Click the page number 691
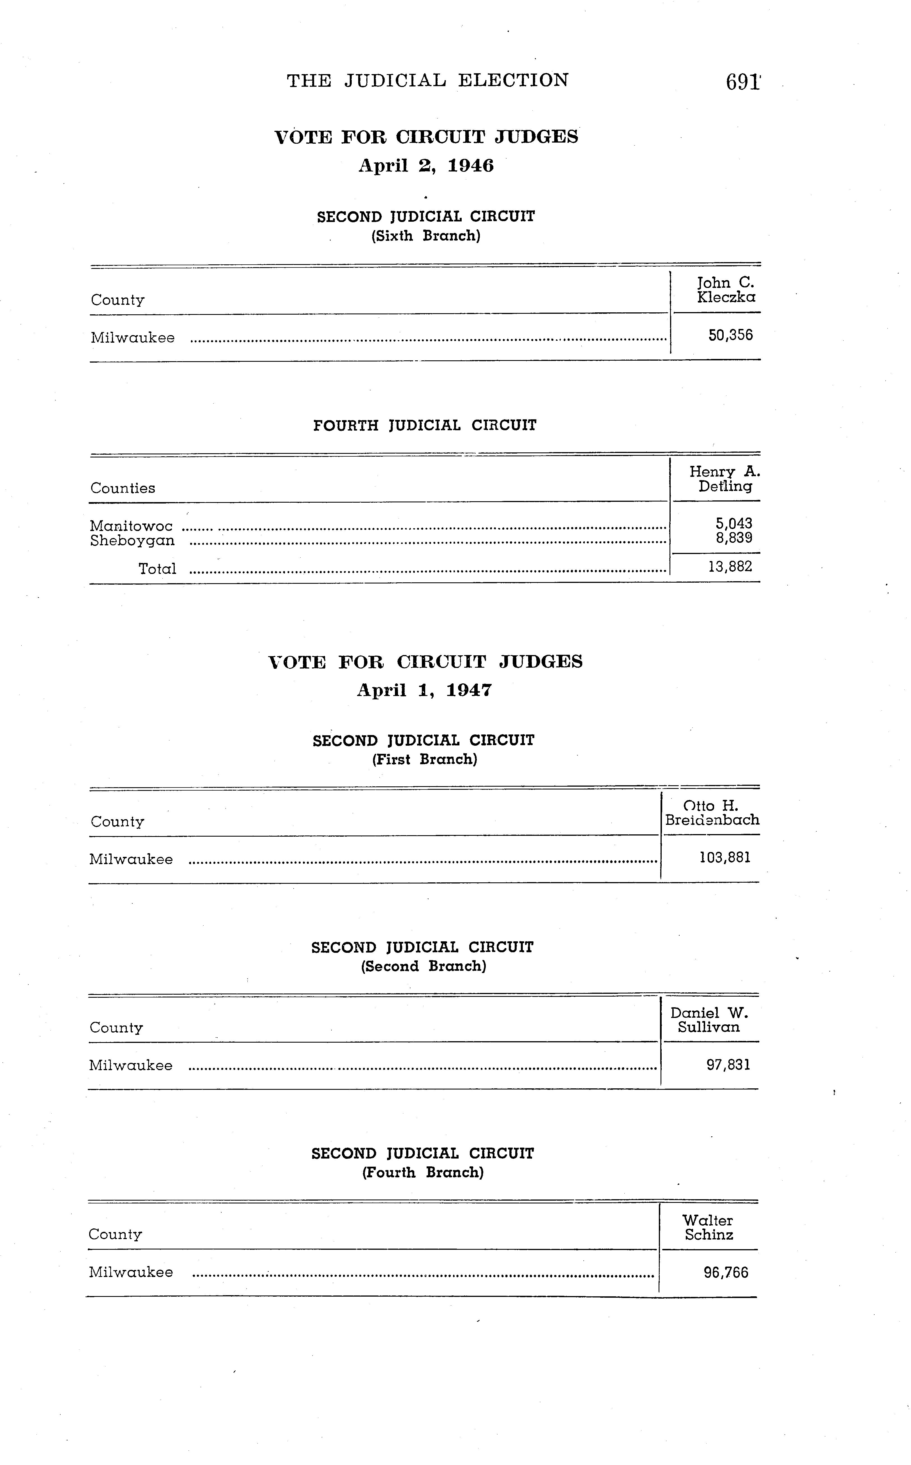[x=743, y=81]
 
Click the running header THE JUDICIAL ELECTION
[x=427, y=80]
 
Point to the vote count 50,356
[x=730, y=335]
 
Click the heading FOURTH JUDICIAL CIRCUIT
[x=425, y=426]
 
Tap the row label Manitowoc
[x=131, y=526]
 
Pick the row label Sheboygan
[x=133, y=541]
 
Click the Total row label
[x=157, y=569]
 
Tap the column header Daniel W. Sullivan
[x=709, y=1020]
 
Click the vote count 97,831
[x=728, y=1065]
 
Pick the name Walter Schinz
[x=708, y=1228]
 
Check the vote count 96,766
[x=726, y=1273]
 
